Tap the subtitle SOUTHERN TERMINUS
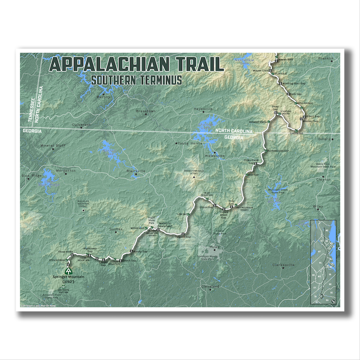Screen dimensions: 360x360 (136, 80)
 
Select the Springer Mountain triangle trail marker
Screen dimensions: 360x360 (68, 271)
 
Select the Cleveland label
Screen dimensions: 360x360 (210, 286)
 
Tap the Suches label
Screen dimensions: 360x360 (116, 229)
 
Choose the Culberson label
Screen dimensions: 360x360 (81, 124)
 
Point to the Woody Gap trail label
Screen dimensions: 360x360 (140, 251)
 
